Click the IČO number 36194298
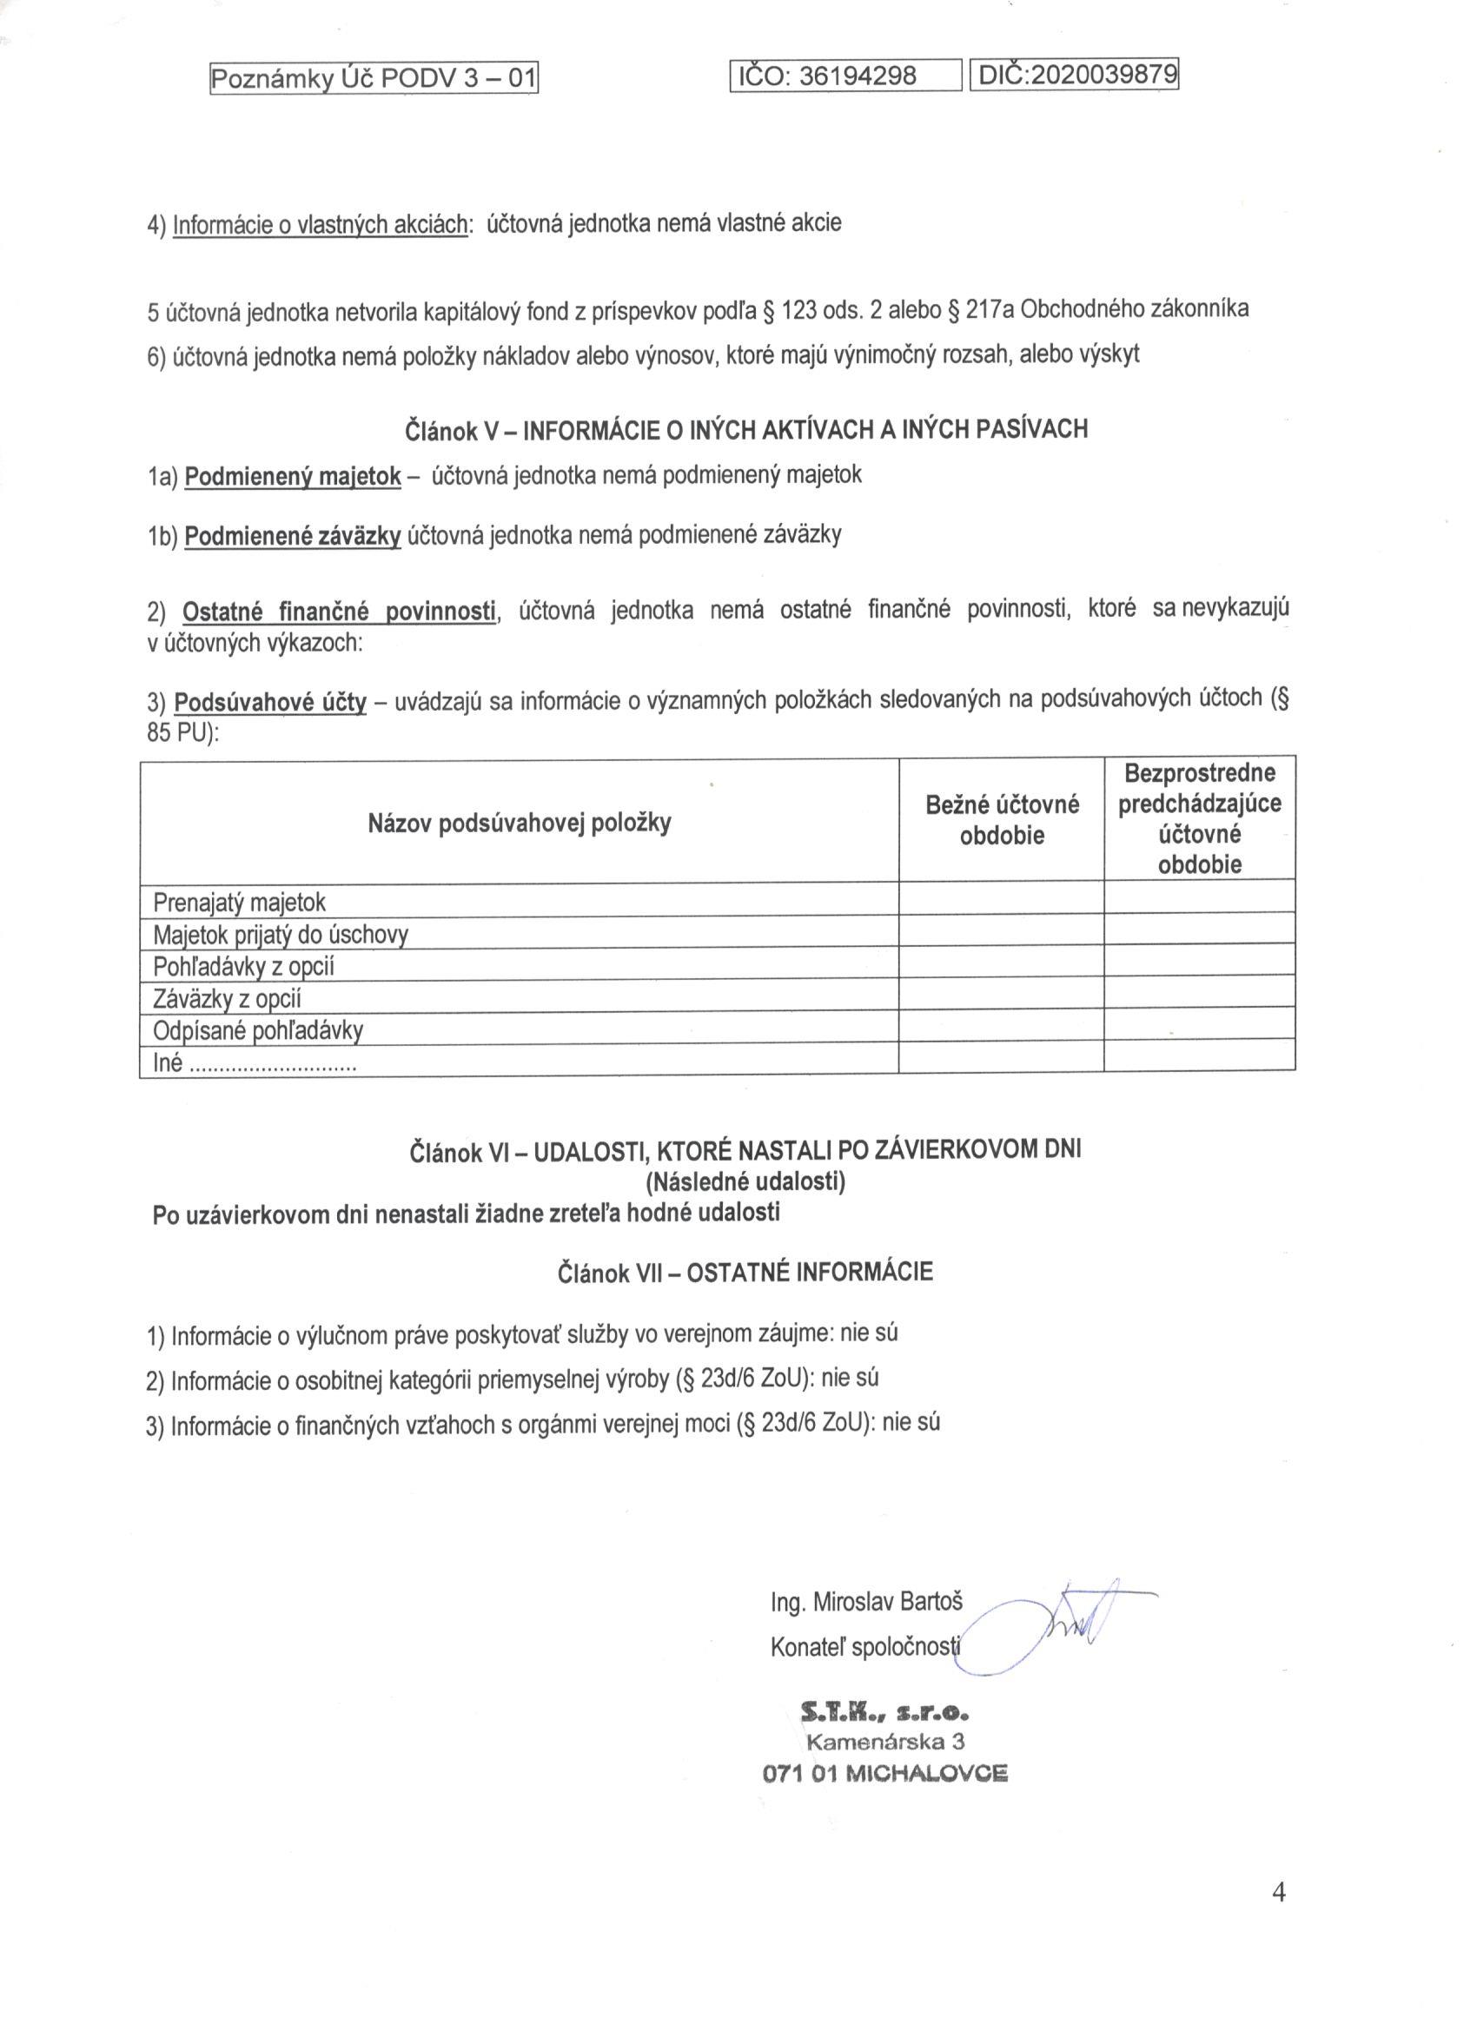point(858,77)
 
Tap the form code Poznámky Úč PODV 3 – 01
point(373,80)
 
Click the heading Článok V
point(746,429)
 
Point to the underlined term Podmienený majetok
point(292,476)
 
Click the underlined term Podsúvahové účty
point(270,702)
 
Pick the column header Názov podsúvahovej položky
point(520,822)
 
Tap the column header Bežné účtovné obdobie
point(1002,820)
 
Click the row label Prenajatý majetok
point(240,901)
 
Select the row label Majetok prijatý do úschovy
point(281,935)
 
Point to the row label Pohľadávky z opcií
point(243,966)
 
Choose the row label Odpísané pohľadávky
point(258,1031)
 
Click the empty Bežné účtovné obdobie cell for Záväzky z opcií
point(1002,996)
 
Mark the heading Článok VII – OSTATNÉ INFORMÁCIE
point(745,1272)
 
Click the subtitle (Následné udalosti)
point(745,1182)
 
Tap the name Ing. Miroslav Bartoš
point(866,1602)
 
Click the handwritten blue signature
point(1066,1621)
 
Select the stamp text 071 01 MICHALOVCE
point(885,1773)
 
